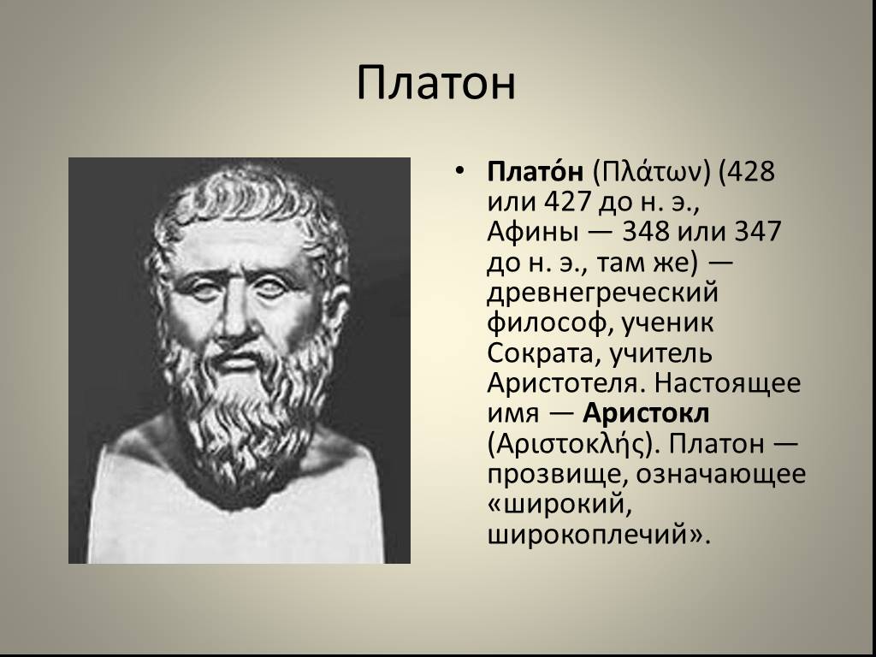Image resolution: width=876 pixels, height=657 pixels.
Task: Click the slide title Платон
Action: [435, 83]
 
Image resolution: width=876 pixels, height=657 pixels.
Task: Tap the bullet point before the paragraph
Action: [459, 170]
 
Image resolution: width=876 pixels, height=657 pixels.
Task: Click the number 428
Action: [749, 171]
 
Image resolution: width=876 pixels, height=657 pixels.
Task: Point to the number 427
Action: [565, 201]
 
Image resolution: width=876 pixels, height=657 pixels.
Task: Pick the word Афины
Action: [532, 231]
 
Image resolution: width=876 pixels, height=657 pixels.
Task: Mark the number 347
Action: [757, 231]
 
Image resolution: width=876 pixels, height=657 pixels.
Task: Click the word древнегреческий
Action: [602, 293]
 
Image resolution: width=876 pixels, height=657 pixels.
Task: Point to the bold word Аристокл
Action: [647, 413]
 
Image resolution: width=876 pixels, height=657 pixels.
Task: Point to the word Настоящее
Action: [727, 383]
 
